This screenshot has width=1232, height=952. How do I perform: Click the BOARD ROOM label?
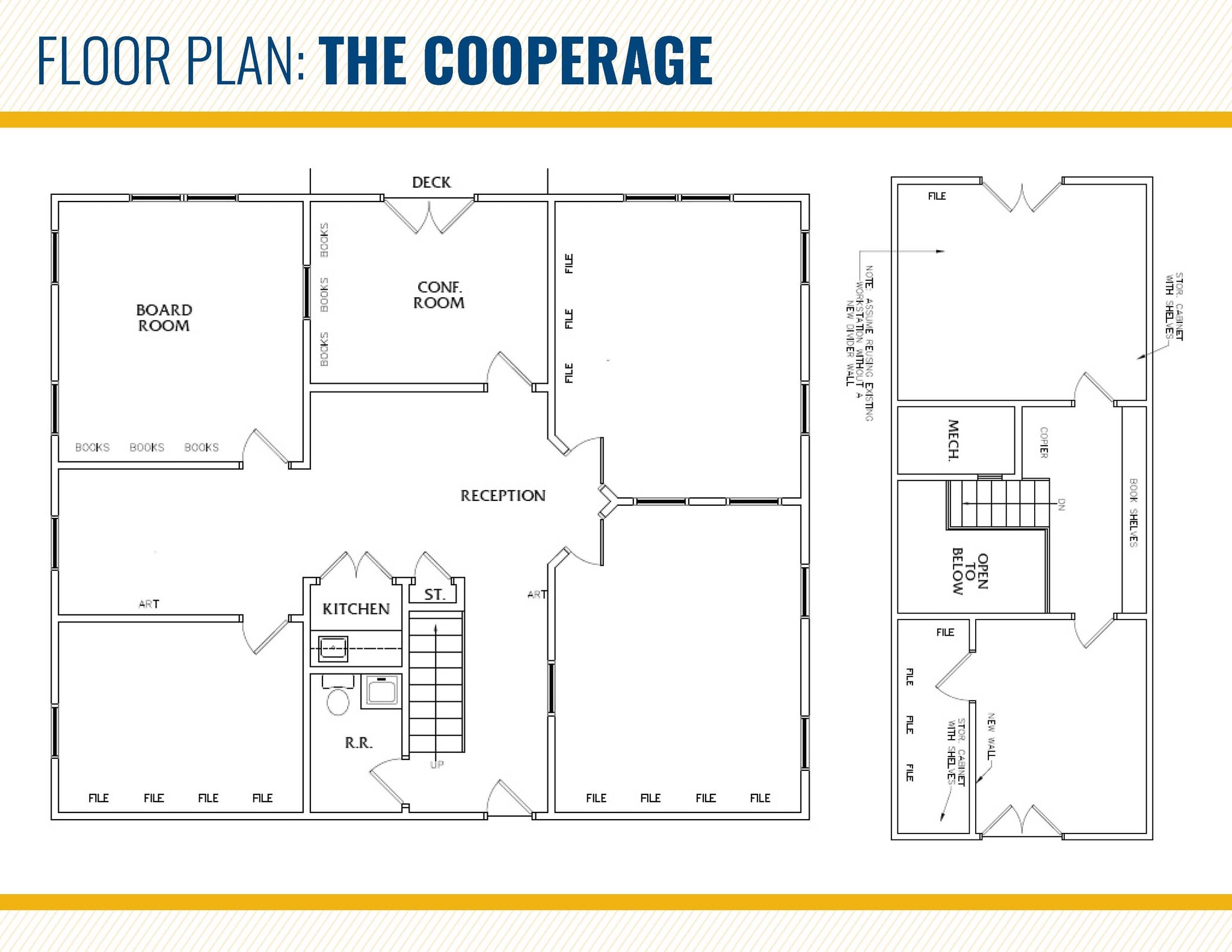point(164,318)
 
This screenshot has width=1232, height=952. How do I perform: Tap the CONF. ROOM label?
point(439,295)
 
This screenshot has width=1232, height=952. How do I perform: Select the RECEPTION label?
point(503,496)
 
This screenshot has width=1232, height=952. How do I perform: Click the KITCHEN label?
point(356,609)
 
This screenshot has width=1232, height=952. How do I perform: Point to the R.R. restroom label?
point(359,743)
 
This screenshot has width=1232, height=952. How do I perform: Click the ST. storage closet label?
point(434,595)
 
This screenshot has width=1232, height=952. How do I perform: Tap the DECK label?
point(431,182)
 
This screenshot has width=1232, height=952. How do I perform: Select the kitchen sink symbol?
point(333,648)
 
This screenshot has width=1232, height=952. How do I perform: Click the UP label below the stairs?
point(437,764)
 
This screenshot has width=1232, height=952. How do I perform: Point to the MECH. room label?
point(953,440)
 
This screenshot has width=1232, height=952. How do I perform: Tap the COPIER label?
point(1044,442)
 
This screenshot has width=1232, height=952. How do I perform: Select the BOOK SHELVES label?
point(1133,512)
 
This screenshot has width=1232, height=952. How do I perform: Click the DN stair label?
point(1061,504)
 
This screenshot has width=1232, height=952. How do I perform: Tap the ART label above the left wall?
point(149,604)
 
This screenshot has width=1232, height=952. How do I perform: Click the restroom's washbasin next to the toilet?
point(381,690)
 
